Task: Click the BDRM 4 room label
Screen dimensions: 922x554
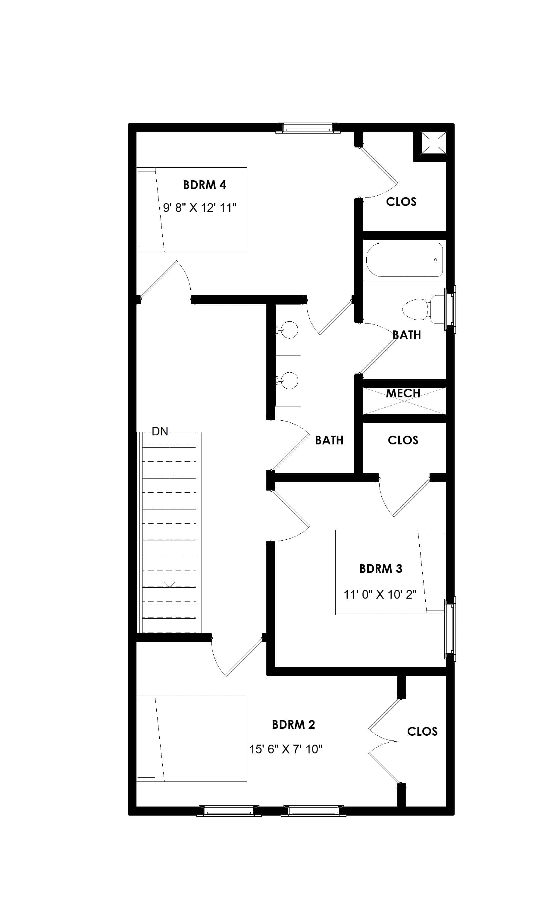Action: (204, 185)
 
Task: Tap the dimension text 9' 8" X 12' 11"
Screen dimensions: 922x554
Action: (200, 208)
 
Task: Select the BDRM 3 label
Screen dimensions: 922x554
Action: (380, 569)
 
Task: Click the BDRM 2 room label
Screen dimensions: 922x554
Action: (293, 725)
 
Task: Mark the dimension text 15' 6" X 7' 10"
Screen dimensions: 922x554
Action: (286, 749)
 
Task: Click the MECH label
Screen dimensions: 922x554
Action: (403, 393)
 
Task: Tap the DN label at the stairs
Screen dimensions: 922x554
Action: (160, 431)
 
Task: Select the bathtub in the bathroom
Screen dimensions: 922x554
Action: (404, 260)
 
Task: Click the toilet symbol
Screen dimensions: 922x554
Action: (420, 309)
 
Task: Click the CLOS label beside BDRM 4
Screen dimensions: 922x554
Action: (401, 202)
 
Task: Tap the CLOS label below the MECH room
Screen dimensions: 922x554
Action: (403, 440)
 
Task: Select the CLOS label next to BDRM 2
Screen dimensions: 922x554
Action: (422, 731)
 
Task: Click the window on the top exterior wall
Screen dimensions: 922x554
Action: (307, 128)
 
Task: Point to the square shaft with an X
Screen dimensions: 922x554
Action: (433, 142)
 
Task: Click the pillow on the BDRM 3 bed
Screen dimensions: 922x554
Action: (435, 572)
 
